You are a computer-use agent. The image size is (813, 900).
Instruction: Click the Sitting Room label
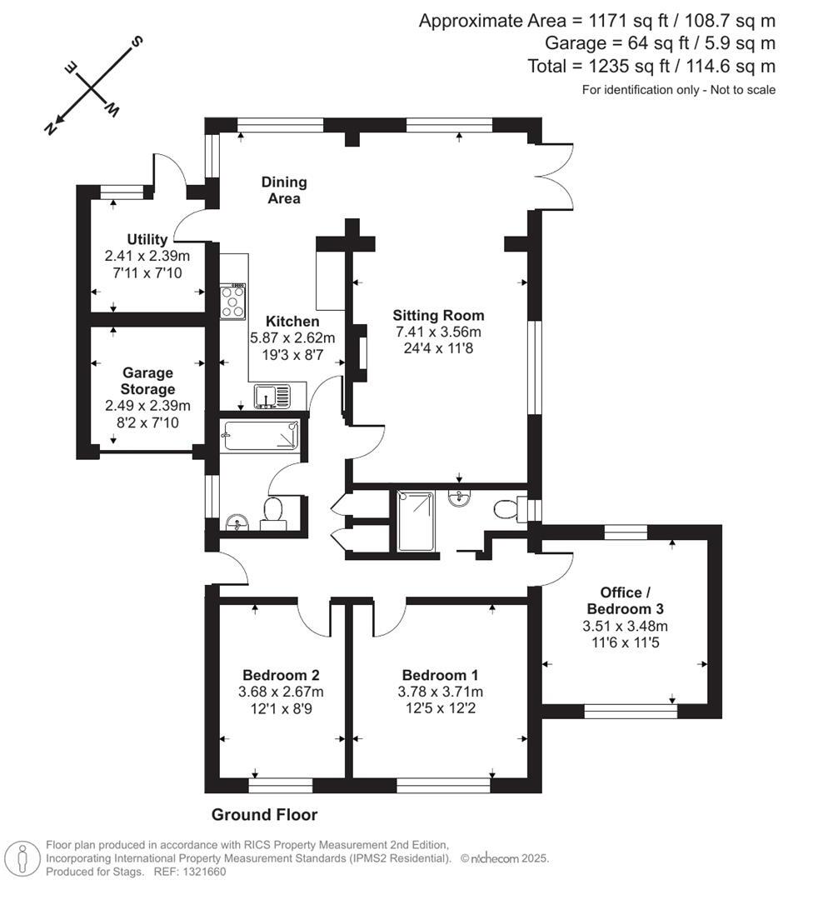coord(438,315)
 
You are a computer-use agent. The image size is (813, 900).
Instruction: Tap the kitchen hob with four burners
coord(233,300)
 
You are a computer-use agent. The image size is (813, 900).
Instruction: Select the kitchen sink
coord(272,397)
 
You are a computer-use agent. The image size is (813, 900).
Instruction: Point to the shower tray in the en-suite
coord(416,521)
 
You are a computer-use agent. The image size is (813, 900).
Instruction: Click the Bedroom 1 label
coord(440,675)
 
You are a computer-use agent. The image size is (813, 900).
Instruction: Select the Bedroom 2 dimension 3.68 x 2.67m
coord(282,692)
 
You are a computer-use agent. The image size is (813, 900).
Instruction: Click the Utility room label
coord(147,239)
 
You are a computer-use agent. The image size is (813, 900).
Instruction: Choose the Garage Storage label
coord(147,381)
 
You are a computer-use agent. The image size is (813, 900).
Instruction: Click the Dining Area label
coord(284,190)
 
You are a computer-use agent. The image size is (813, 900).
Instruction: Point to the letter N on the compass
coord(51,128)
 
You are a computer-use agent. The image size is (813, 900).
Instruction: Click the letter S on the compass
coord(137,42)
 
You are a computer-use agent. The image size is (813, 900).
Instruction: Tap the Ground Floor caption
coord(265,814)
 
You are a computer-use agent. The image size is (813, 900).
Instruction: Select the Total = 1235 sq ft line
coord(651,66)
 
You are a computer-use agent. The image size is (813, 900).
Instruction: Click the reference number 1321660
coord(204,872)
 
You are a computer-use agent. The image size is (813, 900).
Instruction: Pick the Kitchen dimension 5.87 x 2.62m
coord(292,338)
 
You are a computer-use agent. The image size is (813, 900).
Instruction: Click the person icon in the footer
coord(22,859)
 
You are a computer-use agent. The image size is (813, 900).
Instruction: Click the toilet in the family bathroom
coord(274,512)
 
